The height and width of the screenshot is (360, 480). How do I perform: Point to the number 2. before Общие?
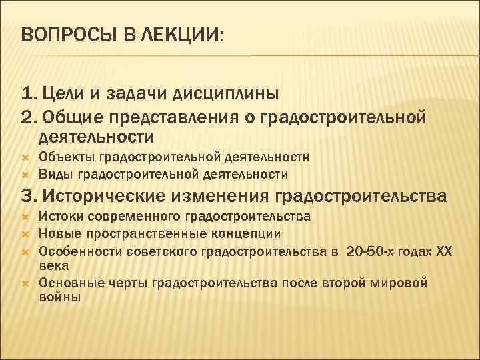(x=29, y=117)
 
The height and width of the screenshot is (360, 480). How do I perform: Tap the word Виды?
(x=55, y=175)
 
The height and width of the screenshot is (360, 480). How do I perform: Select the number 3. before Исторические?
(x=29, y=197)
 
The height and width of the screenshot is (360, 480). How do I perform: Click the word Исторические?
(x=105, y=197)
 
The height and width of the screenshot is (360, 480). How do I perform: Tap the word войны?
(x=59, y=297)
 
